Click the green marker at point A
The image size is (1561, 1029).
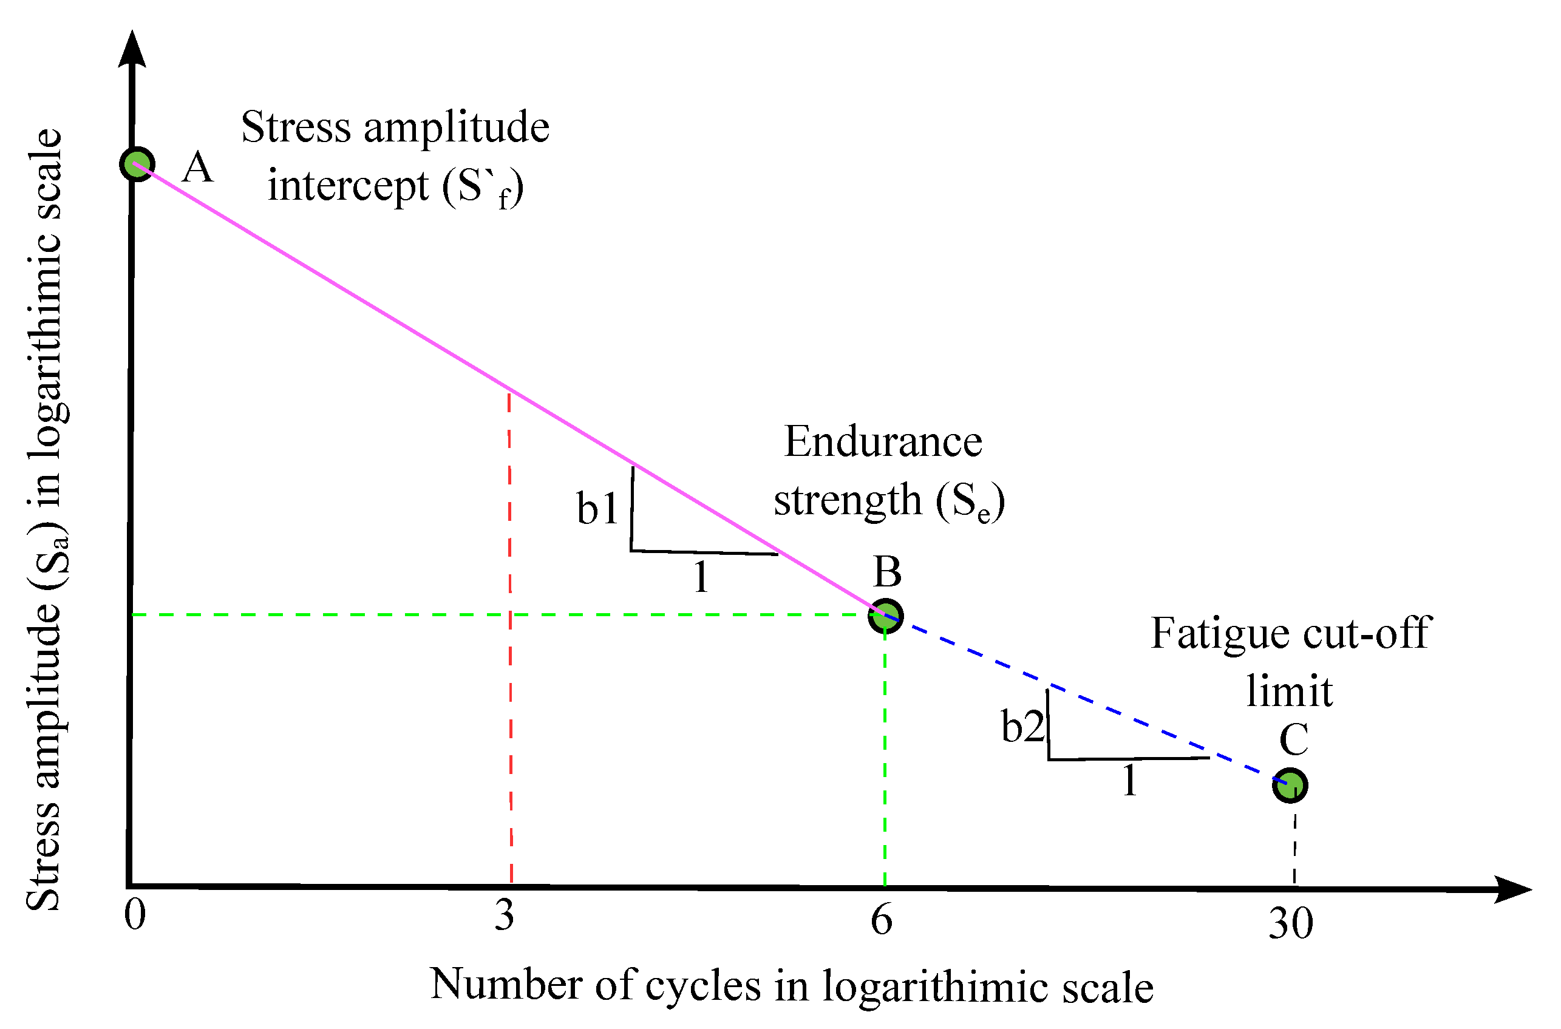click(137, 164)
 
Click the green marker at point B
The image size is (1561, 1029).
click(885, 616)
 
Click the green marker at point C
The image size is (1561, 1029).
click(1290, 785)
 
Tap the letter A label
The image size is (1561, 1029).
click(197, 168)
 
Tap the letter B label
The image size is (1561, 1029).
click(887, 572)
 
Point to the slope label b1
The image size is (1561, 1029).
click(597, 509)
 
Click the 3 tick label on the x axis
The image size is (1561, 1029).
click(504, 915)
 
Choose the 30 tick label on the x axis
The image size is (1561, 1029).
click(1291, 923)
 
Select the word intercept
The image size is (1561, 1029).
click(349, 186)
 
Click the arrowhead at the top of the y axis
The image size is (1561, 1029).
click(132, 49)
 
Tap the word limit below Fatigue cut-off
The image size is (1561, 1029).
click(1289, 691)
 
